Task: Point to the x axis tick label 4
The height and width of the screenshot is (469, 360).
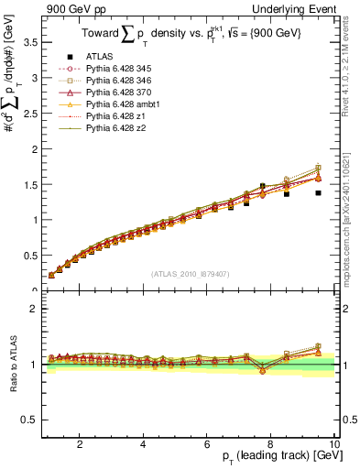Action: (143, 444)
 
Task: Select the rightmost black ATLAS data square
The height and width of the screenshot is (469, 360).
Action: (318, 193)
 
